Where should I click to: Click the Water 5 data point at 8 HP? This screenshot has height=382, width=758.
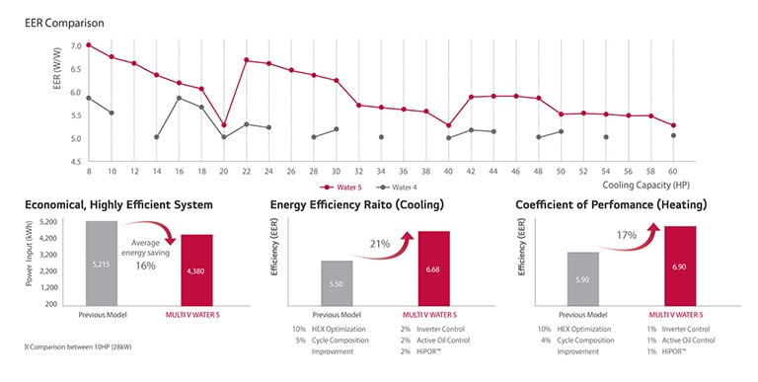point(89,45)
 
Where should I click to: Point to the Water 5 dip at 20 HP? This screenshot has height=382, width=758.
point(224,125)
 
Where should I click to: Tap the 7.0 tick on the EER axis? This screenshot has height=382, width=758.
point(76,46)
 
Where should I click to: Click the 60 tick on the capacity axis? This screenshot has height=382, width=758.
point(673,171)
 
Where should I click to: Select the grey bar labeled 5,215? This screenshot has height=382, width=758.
point(102,265)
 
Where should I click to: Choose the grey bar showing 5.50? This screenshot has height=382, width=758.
point(338,284)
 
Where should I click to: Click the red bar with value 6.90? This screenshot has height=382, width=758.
point(680,267)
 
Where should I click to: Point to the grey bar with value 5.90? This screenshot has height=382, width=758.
point(582,280)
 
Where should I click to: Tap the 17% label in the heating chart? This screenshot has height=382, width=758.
point(627,235)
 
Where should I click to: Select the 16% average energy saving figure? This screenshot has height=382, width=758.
point(146,266)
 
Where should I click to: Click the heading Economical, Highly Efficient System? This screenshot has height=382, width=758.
point(119,204)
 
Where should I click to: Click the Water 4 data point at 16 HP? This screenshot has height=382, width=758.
point(179,98)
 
